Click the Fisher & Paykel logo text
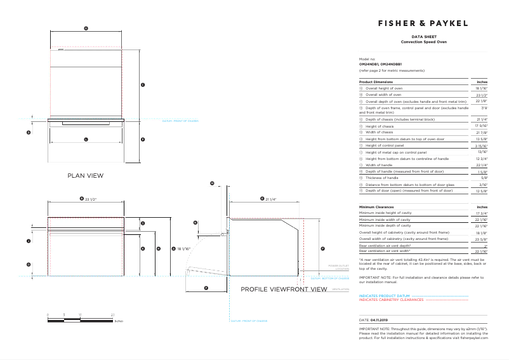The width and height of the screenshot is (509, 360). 423,23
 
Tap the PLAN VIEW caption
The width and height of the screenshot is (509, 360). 85,175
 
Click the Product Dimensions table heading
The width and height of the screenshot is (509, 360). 376,82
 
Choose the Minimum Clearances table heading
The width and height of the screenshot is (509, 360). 376,207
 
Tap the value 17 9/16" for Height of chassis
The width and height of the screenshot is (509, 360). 480,126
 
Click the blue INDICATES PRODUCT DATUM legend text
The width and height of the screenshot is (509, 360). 385,296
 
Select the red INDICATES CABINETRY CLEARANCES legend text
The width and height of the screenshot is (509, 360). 391,300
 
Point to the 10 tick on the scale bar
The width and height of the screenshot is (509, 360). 80,315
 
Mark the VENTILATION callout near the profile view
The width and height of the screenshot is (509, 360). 341,290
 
